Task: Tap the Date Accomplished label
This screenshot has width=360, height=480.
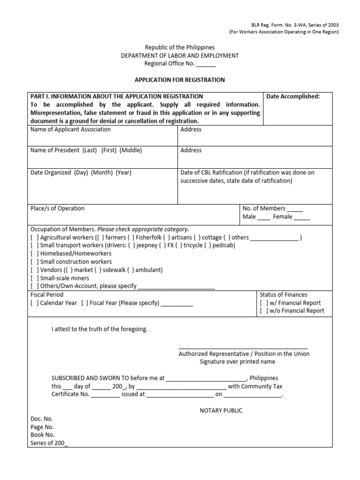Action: point(293,96)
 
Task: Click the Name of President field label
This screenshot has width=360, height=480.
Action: point(86,150)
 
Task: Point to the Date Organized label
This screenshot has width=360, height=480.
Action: point(81,172)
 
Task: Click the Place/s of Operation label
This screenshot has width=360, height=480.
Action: point(57,209)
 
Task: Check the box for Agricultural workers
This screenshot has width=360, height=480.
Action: point(35,238)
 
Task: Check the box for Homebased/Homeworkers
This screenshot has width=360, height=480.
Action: point(35,254)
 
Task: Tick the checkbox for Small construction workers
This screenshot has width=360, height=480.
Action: point(35,262)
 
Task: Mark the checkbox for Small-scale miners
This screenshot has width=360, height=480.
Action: point(35,278)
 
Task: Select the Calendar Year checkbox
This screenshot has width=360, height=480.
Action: point(35,303)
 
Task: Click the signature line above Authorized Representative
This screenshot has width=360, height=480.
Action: point(243,348)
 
